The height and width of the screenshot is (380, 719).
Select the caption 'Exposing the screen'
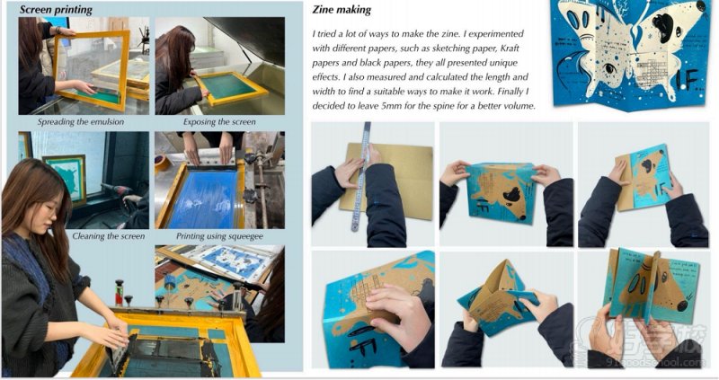tap(218, 121)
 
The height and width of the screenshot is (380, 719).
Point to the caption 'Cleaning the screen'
tap(107, 236)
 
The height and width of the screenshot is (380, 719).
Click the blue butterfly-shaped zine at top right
tap(630, 54)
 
